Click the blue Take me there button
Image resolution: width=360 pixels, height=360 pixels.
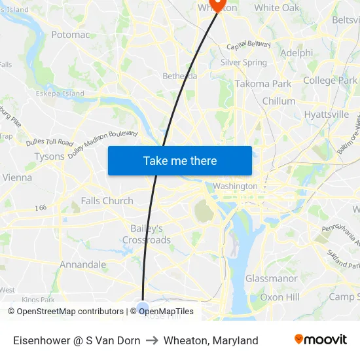(x=180, y=160)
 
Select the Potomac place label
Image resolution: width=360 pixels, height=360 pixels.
(x=70, y=35)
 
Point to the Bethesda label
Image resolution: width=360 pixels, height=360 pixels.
(x=179, y=76)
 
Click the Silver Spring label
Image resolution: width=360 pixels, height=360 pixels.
(x=243, y=63)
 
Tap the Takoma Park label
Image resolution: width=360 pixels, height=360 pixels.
(x=263, y=84)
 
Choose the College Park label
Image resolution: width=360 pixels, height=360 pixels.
(x=330, y=81)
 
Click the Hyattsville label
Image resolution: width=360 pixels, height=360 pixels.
(x=327, y=115)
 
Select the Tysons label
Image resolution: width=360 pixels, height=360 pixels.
(x=50, y=156)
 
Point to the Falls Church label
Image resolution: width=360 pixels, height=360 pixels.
(x=107, y=201)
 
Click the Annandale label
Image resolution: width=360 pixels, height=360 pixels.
(x=82, y=264)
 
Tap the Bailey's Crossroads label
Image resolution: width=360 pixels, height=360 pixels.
(x=147, y=234)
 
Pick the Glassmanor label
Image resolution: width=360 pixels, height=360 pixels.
(x=271, y=278)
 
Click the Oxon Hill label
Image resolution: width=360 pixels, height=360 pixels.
(x=279, y=297)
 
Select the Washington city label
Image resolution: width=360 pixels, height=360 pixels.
(x=235, y=186)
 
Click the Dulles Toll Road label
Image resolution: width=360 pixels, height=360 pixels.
(x=50, y=142)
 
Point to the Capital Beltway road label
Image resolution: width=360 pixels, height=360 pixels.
(x=248, y=46)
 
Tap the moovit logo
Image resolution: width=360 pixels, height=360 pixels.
(x=321, y=340)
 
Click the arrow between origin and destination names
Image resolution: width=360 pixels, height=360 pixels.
(x=151, y=340)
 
